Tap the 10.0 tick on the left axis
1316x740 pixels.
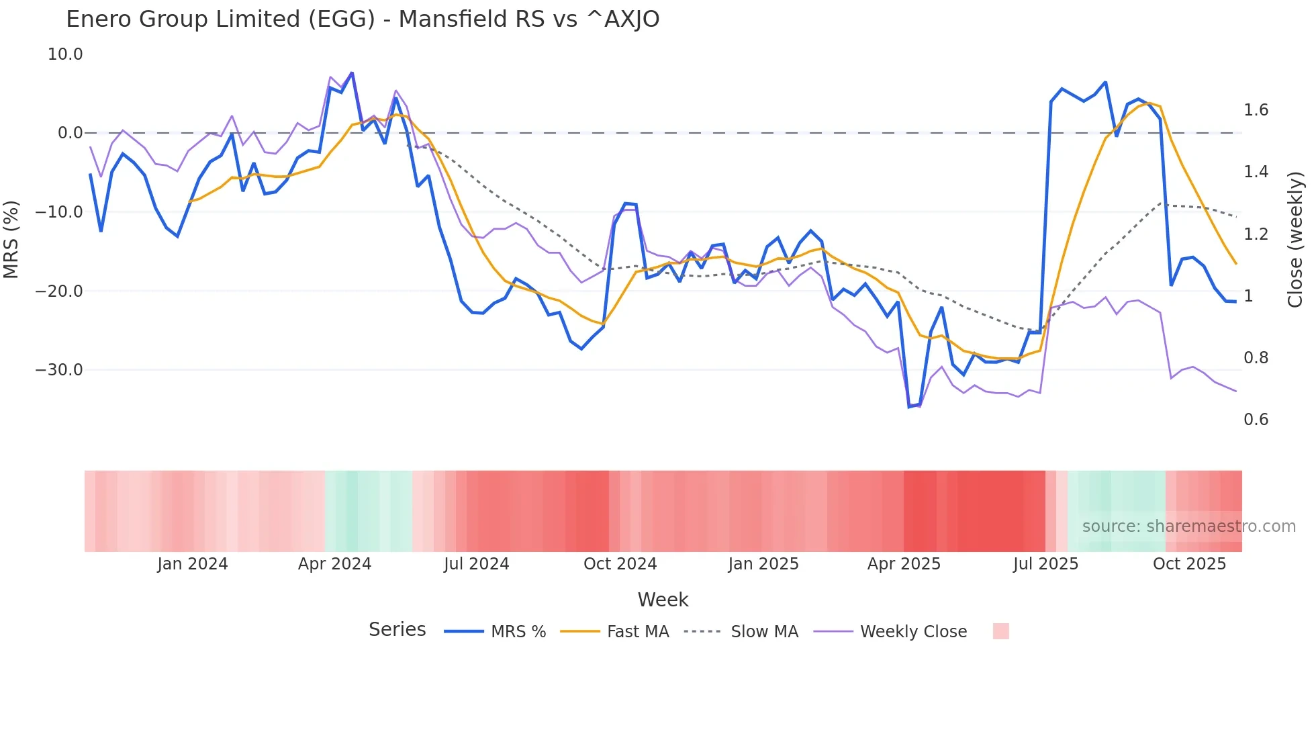click(x=65, y=54)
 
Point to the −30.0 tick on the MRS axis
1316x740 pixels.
click(x=59, y=370)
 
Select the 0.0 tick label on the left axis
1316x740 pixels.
click(x=70, y=133)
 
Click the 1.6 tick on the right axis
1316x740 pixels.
click(x=1256, y=110)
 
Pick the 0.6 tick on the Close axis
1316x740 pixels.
click(x=1256, y=420)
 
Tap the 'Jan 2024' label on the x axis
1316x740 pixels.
click(x=193, y=564)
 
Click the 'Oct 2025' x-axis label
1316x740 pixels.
click(x=1189, y=564)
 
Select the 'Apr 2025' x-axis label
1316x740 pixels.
click(x=904, y=564)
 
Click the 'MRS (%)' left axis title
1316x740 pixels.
click(x=11, y=239)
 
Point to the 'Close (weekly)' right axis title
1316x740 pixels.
click(x=1295, y=239)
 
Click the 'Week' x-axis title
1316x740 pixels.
click(x=663, y=600)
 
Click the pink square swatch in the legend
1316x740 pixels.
click(x=1000, y=631)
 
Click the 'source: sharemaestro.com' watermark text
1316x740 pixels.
click(x=1188, y=526)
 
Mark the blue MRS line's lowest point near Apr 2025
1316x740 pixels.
click(x=909, y=407)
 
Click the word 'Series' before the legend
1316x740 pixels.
click(x=397, y=630)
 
